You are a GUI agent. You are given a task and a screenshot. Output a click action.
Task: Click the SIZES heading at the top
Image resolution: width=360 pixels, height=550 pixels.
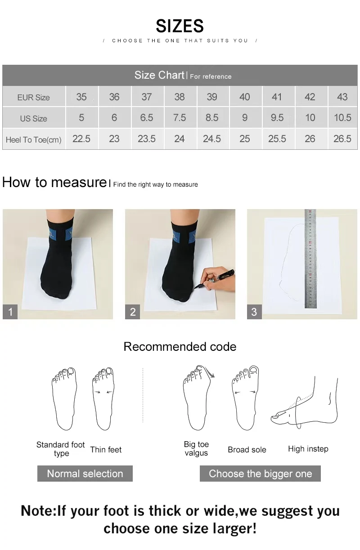180,26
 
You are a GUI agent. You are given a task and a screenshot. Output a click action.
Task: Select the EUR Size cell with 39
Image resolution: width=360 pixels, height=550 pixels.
212,97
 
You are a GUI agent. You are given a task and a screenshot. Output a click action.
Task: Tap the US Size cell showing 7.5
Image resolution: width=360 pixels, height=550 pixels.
179,118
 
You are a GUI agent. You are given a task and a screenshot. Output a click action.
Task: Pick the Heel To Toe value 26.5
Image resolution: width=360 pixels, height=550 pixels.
342,139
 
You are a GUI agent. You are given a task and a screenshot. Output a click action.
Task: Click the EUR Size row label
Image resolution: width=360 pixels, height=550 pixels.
34,97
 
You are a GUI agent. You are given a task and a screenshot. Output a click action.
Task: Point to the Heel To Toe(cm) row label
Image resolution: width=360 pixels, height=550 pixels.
34,139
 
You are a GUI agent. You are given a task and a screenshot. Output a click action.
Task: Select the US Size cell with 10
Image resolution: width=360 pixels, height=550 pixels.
310,118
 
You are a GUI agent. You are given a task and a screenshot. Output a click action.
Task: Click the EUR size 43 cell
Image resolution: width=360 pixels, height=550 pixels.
342,97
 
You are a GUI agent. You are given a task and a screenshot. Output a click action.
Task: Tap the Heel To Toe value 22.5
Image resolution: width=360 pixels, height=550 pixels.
81,139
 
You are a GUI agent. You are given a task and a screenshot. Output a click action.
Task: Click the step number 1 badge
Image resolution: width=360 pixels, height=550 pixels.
10,312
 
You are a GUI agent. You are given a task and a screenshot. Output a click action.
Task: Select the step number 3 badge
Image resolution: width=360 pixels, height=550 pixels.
254,312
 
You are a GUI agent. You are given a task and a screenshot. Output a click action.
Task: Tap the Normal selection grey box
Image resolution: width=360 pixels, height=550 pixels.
85,474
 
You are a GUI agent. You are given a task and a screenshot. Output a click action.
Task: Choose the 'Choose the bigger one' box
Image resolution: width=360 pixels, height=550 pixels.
260,474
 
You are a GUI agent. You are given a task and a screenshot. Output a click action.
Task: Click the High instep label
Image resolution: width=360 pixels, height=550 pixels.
308,449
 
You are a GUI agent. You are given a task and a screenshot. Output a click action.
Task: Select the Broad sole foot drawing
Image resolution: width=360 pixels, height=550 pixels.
245,398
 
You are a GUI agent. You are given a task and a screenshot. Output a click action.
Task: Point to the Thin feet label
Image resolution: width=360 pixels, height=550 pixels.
106,450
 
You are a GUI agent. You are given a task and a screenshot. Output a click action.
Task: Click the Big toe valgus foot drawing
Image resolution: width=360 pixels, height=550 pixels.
197,398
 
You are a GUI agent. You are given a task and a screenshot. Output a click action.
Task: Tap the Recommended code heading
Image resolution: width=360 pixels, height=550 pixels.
180,347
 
